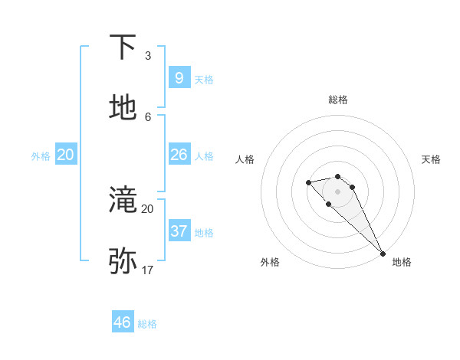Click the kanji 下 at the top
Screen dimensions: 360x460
point(123,47)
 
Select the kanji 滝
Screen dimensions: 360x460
point(123,200)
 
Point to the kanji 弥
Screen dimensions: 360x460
point(123,261)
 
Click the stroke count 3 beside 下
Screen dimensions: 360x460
point(148,56)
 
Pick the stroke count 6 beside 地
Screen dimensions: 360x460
point(148,116)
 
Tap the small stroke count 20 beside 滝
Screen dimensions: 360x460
point(147,208)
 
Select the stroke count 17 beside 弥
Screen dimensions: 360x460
point(147,270)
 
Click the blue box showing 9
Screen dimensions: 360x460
point(179,77)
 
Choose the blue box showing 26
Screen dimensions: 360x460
point(179,155)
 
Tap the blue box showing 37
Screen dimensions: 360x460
point(179,231)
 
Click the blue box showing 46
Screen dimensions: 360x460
point(122,322)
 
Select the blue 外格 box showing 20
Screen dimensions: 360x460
point(65,155)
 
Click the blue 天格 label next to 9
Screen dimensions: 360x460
point(204,80)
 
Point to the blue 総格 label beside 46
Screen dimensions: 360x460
point(147,324)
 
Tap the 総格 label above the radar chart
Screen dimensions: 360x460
point(338,100)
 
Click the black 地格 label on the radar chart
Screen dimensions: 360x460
point(402,262)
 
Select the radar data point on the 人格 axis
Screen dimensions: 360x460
point(308,182)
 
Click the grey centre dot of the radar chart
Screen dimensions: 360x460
point(337,191)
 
